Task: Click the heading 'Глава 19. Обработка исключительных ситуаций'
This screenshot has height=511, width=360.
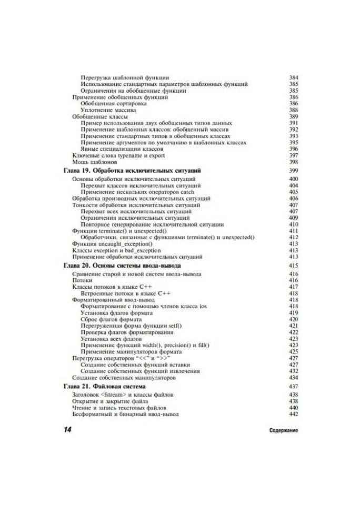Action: click(x=132, y=172)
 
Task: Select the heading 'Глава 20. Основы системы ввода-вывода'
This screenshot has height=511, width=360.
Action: click(x=122, y=266)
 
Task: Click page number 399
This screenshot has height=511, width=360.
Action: click(x=294, y=172)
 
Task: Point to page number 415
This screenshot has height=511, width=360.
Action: click(x=294, y=266)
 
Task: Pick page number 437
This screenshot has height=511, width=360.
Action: click(x=294, y=387)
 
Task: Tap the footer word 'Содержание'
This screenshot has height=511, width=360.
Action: click(x=283, y=430)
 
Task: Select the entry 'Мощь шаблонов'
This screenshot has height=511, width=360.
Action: click(x=91, y=162)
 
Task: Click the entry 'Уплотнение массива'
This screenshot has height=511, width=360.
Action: click(x=108, y=110)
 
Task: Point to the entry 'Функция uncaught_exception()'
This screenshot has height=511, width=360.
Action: click(x=112, y=244)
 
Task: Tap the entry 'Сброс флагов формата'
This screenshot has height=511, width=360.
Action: click(x=111, y=319)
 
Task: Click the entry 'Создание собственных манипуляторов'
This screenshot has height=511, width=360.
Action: click(x=123, y=378)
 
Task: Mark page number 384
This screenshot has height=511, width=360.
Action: click(x=294, y=78)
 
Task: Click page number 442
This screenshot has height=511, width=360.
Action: click(x=294, y=414)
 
